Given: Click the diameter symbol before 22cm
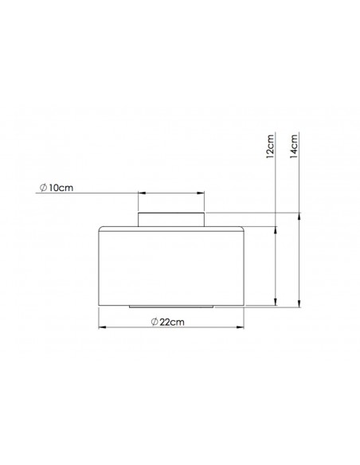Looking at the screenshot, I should pyautogui.click(x=154, y=322).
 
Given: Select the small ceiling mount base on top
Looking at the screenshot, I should pyautogui.click(x=172, y=220).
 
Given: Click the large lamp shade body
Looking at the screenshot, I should pyautogui.click(x=172, y=267).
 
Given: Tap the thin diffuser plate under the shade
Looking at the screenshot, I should pyautogui.click(x=172, y=307).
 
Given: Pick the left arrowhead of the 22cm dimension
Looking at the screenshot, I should pyautogui.click(x=101, y=326).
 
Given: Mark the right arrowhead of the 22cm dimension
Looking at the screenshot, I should pyautogui.click(x=244, y=326).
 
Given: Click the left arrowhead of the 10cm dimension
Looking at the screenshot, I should pyautogui.click(x=142, y=192).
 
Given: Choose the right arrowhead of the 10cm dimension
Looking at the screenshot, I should pyautogui.click(x=202, y=192).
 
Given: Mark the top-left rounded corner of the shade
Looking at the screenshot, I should pyautogui.click(x=100, y=231).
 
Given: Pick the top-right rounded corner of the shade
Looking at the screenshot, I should pyautogui.click(x=245, y=231).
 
